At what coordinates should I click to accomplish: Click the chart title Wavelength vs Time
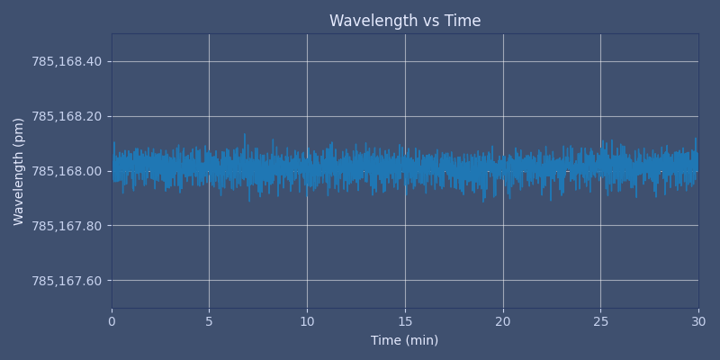405,21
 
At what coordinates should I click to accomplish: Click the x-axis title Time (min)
405,340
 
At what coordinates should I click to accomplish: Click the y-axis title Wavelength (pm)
19,171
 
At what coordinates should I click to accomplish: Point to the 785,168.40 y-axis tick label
67,61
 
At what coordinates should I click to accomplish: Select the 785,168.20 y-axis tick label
67,116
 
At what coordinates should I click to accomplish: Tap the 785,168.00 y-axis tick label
67,171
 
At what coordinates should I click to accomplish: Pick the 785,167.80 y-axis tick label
67,226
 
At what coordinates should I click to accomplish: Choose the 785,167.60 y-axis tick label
67,281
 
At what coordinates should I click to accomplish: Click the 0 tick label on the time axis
112,321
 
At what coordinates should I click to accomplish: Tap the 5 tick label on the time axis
209,321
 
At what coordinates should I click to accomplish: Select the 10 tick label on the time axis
307,321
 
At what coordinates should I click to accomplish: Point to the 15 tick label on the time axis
405,321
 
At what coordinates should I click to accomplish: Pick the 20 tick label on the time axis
502,321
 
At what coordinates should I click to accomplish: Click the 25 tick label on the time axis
600,321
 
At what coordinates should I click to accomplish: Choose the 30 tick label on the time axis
698,321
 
